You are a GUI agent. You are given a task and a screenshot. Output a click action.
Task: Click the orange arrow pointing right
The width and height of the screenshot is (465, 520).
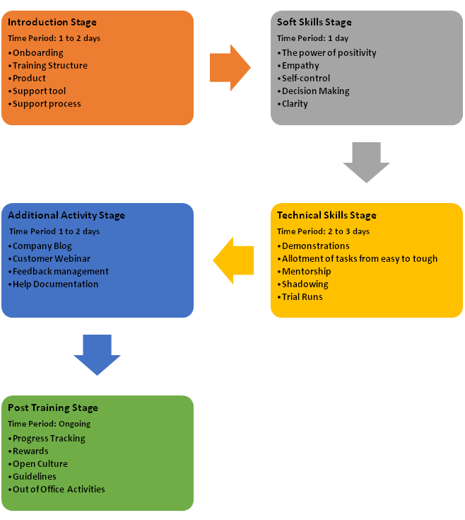tap(230, 68)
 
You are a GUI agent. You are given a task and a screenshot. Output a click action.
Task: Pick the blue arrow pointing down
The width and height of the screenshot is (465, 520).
tap(97, 354)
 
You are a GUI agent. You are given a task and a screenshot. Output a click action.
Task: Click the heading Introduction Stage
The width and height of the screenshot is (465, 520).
tap(52, 23)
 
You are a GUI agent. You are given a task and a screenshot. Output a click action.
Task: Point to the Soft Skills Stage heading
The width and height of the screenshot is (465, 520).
tap(314, 23)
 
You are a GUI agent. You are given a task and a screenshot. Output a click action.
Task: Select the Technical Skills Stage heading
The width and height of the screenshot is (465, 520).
tap(326, 215)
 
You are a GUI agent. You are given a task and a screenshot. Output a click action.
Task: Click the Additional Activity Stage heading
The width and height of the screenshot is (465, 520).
tap(66, 215)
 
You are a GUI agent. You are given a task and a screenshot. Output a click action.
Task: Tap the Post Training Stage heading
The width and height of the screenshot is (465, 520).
tap(53, 408)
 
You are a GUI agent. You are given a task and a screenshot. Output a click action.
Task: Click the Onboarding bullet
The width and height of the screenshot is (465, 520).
tap(37, 53)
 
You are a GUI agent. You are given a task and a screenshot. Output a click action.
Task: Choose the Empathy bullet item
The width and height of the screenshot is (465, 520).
tap(300, 66)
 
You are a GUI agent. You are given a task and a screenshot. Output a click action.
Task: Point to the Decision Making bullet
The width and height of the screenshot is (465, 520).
tap(315, 91)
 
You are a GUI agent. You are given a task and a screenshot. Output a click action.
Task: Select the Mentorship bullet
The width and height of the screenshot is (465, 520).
tap(306, 271)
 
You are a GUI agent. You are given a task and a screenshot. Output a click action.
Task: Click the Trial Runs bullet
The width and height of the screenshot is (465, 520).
tap(302, 296)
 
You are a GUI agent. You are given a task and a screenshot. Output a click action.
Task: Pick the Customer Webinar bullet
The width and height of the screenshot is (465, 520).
tap(52, 259)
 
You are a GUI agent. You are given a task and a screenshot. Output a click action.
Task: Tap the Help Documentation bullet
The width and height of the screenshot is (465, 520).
tap(55, 284)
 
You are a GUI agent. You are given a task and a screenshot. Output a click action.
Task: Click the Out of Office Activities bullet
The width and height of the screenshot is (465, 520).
tap(59, 489)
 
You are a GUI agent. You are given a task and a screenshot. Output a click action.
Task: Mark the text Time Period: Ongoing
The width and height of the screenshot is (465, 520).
tap(49, 424)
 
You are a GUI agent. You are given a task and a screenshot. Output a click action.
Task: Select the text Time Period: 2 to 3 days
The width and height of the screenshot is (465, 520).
tap(323, 231)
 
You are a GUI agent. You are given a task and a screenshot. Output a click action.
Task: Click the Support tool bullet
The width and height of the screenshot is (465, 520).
tap(40, 91)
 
